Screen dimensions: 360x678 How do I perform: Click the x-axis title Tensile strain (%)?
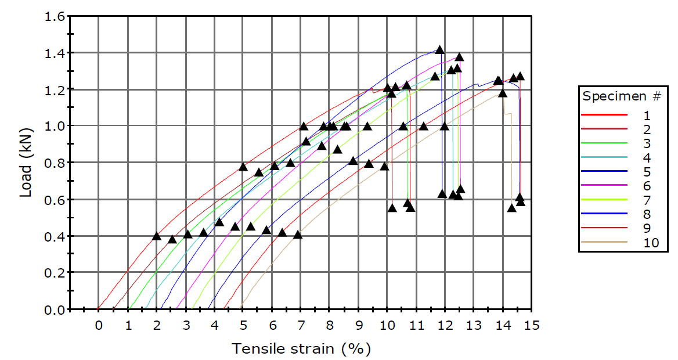[x=301, y=348]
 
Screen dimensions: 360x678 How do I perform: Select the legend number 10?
[x=651, y=243]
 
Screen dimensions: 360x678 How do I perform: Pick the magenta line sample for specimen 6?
[x=604, y=186]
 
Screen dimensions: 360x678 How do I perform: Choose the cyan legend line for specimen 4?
[x=604, y=157]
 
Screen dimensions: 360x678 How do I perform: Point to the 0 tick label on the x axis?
[x=99, y=325]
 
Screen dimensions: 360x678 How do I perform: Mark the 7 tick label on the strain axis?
[x=301, y=325]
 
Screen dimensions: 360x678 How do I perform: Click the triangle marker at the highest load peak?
[x=440, y=50]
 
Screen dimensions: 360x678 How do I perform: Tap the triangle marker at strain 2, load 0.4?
[x=156, y=236]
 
